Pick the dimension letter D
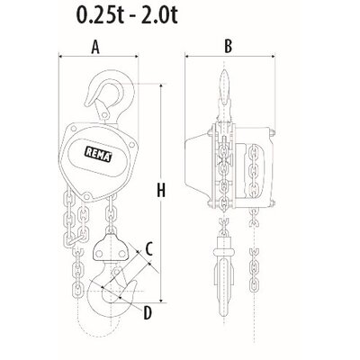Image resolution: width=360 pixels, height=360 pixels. coord(146,312)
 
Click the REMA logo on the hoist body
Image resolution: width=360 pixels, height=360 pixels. coord(96,153)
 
